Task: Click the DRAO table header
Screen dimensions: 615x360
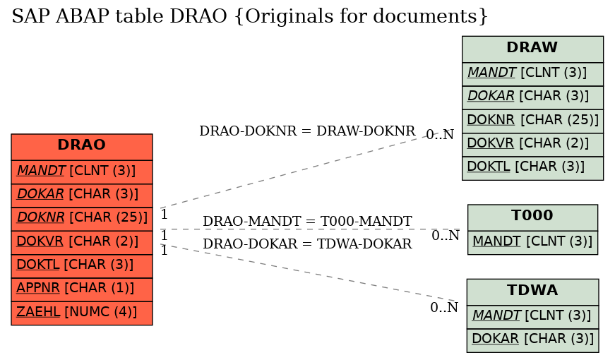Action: pyautogui.click(x=82, y=147)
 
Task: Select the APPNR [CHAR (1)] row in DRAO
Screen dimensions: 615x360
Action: pyautogui.click(x=82, y=290)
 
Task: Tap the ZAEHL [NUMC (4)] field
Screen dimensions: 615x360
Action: pyautogui.click(x=82, y=313)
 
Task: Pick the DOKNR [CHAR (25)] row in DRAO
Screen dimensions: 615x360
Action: pyautogui.click(x=82, y=219)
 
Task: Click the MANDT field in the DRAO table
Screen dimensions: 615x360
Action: pyautogui.click(x=82, y=172)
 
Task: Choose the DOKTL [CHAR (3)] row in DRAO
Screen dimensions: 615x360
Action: pyautogui.click(x=82, y=266)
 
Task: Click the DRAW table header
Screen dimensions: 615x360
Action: pyautogui.click(x=532, y=49)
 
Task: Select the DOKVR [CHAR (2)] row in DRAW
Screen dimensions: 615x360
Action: pyautogui.click(x=532, y=145)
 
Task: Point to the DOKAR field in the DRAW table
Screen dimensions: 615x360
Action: pyautogui.click(x=532, y=97)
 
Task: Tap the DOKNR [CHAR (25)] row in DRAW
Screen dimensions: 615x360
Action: pyautogui.click(x=532, y=121)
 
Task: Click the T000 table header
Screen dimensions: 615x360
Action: pyautogui.click(x=532, y=217)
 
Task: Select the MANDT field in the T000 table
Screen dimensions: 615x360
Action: pyautogui.click(x=532, y=243)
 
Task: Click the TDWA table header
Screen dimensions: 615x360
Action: pyautogui.click(x=532, y=292)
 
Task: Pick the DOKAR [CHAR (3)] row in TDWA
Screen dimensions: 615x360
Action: pyautogui.click(x=532, y=340)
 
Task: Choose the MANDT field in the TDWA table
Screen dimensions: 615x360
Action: pyautogui.click(x=532, y=317)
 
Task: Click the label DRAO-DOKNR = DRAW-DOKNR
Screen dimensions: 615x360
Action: pyautogui.click(x=307, y=131)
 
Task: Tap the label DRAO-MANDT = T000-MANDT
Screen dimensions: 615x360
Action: pyautogui.click(x=307, y=222)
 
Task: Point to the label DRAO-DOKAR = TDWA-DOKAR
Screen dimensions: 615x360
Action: pyautogui.click(x=307, y=244)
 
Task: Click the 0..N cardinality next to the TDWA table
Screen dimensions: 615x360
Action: pyautogui.click(x=444, y=308)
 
